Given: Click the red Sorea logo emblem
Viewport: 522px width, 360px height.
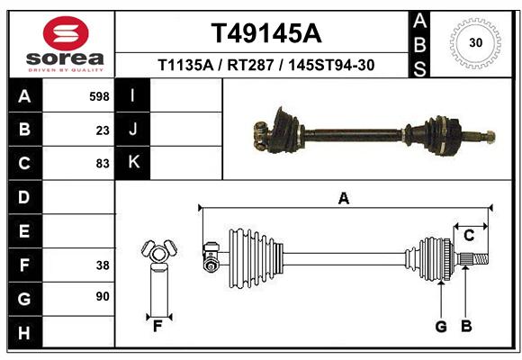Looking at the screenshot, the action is click(66, 33).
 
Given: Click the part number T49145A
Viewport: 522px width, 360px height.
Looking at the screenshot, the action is click(266, 33).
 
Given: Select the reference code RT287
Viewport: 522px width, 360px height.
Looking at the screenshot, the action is click(250, 65).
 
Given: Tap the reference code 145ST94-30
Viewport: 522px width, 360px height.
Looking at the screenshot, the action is click(331, 65).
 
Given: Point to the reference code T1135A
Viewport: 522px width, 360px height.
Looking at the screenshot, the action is click(185, 65).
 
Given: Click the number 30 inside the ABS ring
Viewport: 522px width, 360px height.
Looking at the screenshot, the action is click(476, 42).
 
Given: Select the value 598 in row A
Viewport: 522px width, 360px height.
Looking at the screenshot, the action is click(99, 96).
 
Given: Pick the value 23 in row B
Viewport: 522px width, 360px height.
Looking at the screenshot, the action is click(103, 130).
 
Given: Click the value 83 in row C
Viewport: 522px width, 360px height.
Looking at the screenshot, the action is click(103, 164).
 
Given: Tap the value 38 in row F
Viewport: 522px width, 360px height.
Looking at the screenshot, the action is click(103, 265).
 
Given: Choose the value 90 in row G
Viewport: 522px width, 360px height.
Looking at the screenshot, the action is click(103, 296).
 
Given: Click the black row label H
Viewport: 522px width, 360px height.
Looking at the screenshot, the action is click(24, 333).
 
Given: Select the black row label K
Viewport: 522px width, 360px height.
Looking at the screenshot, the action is click(133, 163).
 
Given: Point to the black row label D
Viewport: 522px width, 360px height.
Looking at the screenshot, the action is click(24, 197).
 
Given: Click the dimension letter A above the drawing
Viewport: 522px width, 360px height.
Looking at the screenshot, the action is click(344, 199).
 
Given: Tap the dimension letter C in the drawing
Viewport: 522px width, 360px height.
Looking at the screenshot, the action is click(469, 236).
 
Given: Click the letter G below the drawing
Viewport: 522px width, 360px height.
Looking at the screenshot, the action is click(441, 327).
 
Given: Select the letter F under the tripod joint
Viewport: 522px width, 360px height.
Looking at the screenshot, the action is click(157, 327).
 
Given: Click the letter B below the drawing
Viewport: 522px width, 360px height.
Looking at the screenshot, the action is click(466, 327).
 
